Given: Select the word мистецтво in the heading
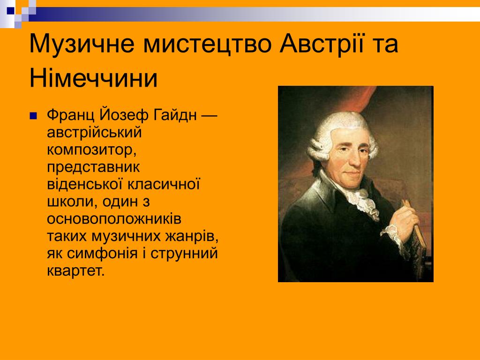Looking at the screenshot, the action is click(x=208, y=44).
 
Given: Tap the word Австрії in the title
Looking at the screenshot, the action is click(x=322, y=43).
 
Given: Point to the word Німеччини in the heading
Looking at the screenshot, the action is click(x=93, y=78).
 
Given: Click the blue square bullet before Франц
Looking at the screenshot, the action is click(x=33, y=116).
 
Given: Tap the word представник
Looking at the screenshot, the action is click(x=93, y=168).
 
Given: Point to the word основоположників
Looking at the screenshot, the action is click(x=114, y=219).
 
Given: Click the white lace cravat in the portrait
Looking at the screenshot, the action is click(x=363, y=201).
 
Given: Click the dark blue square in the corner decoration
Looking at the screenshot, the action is click(x=11, y=11).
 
